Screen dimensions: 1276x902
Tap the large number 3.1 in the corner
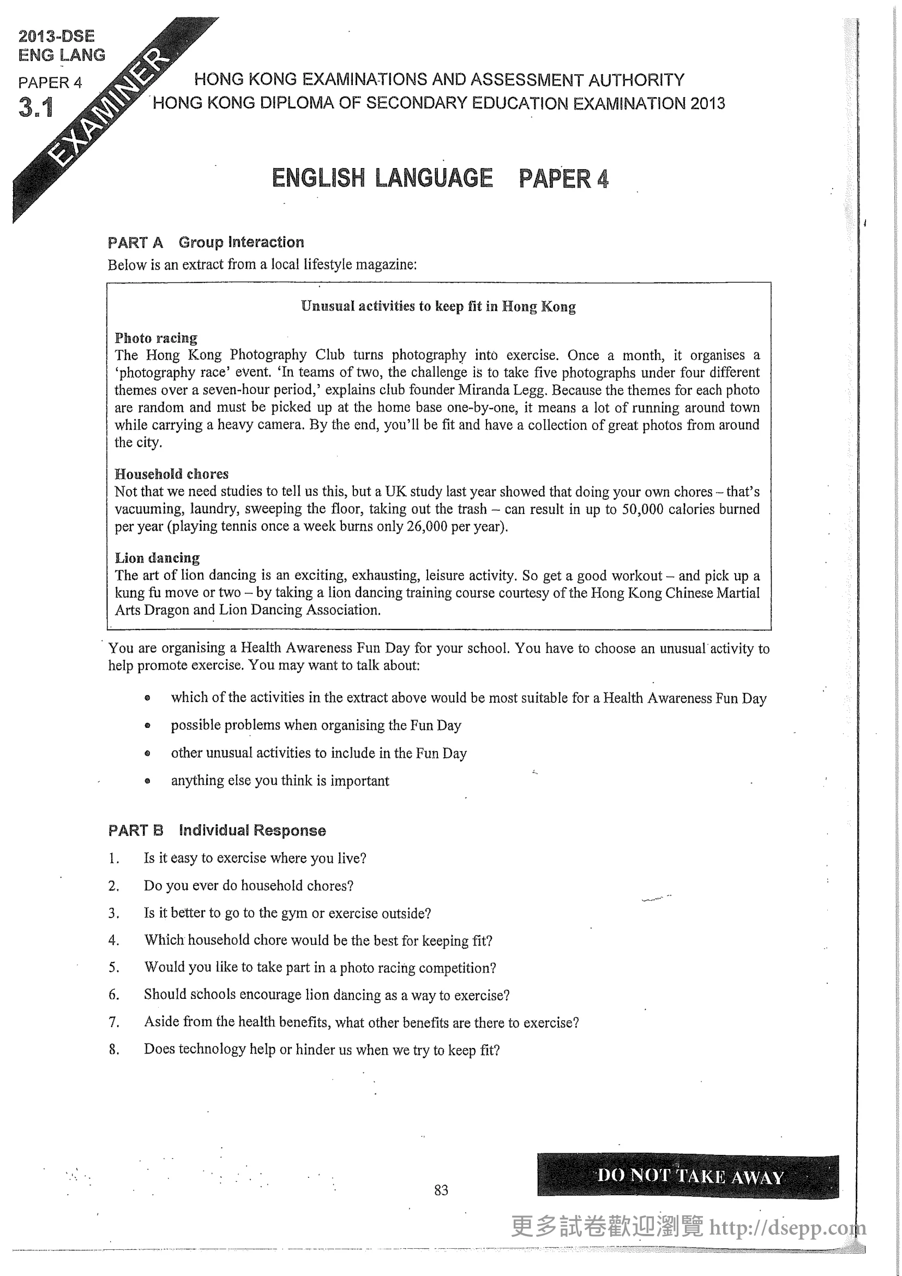(x=36, y=107)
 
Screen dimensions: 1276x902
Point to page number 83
(x=441, y=1190)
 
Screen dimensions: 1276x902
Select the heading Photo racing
(x=156, y=338)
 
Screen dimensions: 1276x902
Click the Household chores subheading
(x=171, y=474)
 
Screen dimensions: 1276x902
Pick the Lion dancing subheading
(x=157, y=558)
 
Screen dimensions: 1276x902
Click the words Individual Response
(x=252, y=830)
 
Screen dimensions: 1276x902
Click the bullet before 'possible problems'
(x=147, y=726)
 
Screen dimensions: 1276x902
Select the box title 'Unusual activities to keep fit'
(x=438, y=306)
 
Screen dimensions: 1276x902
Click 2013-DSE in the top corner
(x=57, y=36)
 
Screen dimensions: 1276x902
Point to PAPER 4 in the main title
(x=563, y=178)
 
